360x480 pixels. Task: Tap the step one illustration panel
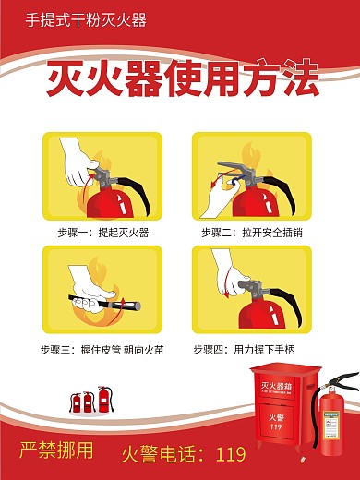pyautogui.click(x=103, y=175)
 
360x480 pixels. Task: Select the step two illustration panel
pyautogui.click(x=251, y=175)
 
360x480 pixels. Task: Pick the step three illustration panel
pyautogui.click(x=103, y=289)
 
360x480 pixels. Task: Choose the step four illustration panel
pyautogui.click(x=251, y=289)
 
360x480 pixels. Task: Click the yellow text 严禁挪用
pyautogui.click(x=56, y=451)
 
